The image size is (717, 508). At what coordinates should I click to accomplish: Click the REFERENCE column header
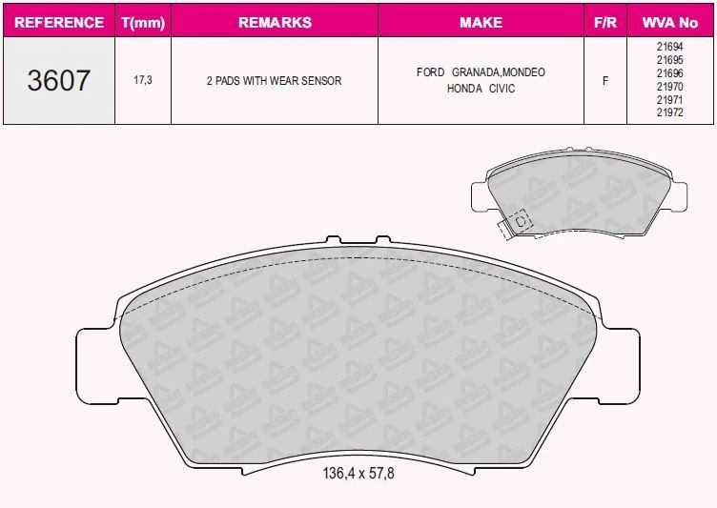tap(58, 22)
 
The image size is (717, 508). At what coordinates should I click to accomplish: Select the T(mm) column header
tap(142, 22)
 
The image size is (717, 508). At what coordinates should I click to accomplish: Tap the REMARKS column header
tap(274, 22)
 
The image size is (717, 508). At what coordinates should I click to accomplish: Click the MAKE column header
tap(481, 22)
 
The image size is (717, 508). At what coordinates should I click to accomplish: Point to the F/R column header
tap(604, 22)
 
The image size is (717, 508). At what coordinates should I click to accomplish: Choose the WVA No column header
tap(671, 22)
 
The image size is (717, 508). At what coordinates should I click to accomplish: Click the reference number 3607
tap(58, 81)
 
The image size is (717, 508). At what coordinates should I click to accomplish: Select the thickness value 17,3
tap(142, 81)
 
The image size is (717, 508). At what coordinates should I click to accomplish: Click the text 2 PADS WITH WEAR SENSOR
tap(274, 81)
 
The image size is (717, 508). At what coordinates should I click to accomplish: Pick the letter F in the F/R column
tap(604, 81)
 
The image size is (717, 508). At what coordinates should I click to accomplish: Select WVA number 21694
tap(670, 47)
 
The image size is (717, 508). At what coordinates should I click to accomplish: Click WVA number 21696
tap(670, 72)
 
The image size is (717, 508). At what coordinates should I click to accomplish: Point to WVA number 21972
tap(670, 112)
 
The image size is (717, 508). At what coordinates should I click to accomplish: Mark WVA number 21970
tap(670, 86)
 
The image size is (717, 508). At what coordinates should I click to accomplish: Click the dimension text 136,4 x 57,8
tap(357, 474)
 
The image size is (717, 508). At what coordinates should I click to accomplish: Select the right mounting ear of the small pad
tap(676, 196)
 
